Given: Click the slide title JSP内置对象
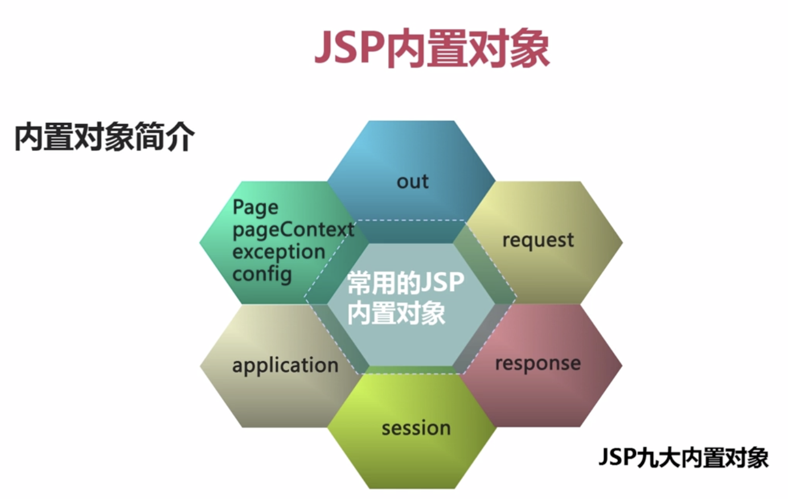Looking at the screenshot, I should [x=432, y=48].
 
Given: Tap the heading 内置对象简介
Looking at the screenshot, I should [x=104, y=137].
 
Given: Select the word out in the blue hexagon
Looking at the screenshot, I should [x=412, y=181].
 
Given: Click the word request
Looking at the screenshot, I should [x=537, y=240].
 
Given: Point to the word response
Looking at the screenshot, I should [x=537, y=363].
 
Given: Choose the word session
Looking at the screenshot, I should [x=416, y=428].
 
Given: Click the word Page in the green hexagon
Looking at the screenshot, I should [x=256, y=207].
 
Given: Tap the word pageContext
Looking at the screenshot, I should [x=293, y=230].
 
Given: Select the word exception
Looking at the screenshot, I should [x=278, y=252].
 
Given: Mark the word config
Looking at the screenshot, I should [x=262, y=274].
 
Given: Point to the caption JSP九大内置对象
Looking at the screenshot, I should [x=683, y=457].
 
